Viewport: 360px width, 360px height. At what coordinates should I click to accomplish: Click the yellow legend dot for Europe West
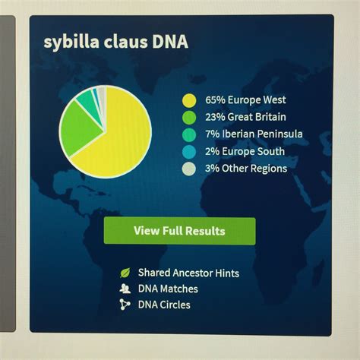pyautogui.click(x=189, y=100)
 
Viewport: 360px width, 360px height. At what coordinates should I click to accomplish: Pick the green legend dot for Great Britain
pyautogui.click(x=189, y=118)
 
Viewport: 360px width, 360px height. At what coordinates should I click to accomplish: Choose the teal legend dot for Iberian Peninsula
pyautogui.click(x=189, y=134)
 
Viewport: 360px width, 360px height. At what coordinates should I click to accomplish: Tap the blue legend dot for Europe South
pyautogui.click(x=189, y=152)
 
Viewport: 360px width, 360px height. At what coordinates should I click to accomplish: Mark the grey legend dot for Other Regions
pyautogui.click(x=189, y=169)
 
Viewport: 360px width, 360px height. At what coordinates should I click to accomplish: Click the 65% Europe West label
pyautogui.click(x=245, y=99)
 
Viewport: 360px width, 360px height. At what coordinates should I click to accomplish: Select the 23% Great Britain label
pyautogui.click(x=245, y=117)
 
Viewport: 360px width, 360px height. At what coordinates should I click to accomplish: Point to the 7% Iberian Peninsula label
pyautogui.click(x=254, y=134)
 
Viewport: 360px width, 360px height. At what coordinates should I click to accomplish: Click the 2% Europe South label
pyautogui.click(x=245, y=151)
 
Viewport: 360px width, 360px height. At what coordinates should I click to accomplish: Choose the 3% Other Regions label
pyautogui.click(x=246, y=169)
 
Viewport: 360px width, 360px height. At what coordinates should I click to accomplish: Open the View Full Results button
pyautogui.click(x=180, y=231)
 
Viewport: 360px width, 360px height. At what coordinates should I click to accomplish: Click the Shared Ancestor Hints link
pyautogui.click(x=188, y=273)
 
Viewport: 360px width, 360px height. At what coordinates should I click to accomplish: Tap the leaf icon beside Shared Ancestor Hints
pyautogui.click(x=125, y=273)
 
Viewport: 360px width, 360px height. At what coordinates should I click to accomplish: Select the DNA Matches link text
pyautogui.click(x=168, y=289)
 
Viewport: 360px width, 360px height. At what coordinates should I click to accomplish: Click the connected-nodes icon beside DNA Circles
pyautogui.click(x=125, y=305)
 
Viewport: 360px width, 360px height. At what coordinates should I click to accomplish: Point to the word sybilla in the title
pyautogui.click(x=71, y=42)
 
